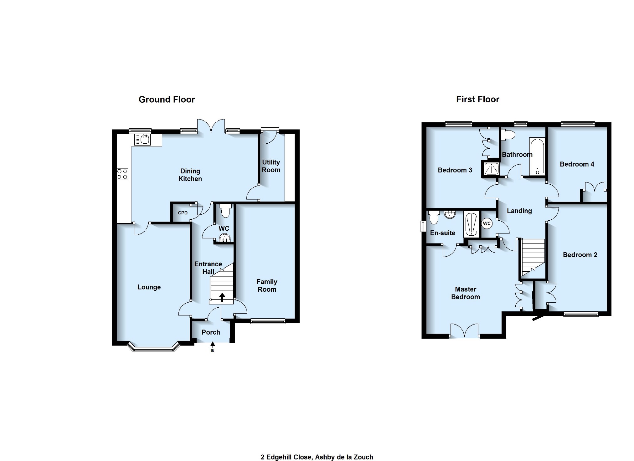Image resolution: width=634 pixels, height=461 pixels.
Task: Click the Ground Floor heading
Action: [x=167, y=100]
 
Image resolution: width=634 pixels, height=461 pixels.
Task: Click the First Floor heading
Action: [x=477, y=100]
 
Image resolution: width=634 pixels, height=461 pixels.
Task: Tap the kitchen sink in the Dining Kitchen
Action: [x=142, y=140]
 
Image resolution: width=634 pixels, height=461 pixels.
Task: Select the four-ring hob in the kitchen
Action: [x=122, y=174]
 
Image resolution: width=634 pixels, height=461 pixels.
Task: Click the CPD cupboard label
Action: [x=183, y=213]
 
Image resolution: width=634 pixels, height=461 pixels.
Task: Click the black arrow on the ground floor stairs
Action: [x=222, y=297]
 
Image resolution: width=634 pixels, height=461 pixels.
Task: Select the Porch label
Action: [x=211, y=332]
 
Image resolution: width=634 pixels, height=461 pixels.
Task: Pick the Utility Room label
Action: [x=271, y=166]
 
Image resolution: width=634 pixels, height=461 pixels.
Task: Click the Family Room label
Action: [x=267, y=285]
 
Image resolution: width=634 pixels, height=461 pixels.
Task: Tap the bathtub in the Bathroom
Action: [x=537, y=156]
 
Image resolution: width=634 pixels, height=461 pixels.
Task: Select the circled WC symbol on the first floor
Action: [x=487, y=223]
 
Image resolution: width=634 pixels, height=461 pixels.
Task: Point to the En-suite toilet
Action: [x=434, y=218]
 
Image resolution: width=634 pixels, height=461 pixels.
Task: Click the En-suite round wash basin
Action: [x=450, y=214]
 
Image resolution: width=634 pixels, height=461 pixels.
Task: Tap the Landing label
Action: [x=519, y=211]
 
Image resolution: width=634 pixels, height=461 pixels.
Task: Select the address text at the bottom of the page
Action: [x=317, y=457]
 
